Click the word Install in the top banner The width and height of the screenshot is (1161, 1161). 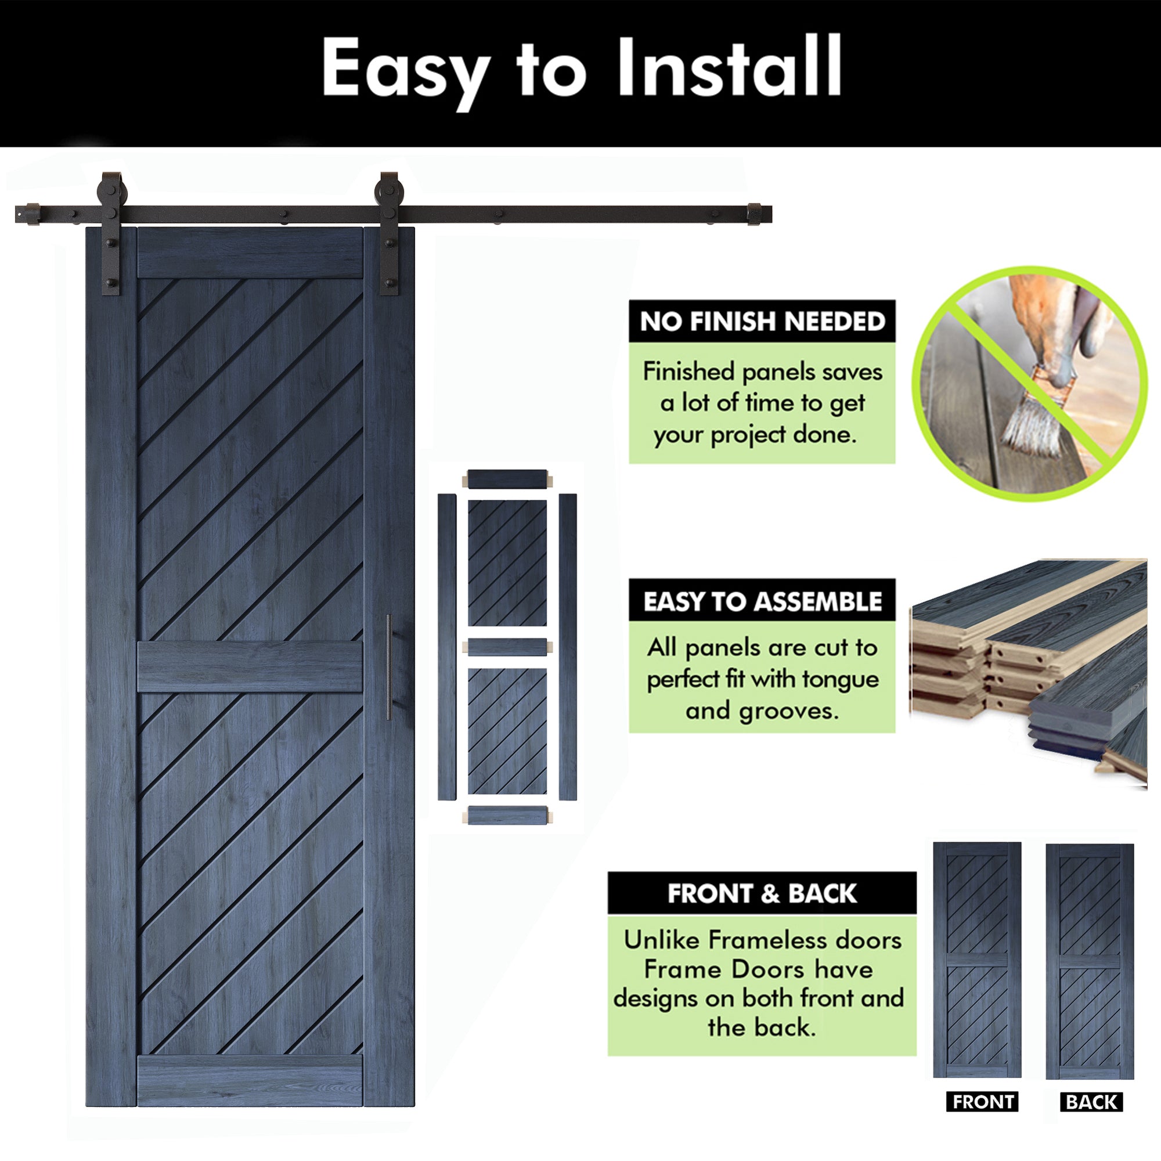point(730,66)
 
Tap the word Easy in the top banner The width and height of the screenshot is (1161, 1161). point(405,73)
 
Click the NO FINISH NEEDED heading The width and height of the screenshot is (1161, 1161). point(762,322)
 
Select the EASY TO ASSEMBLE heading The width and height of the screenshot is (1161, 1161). point(762,601)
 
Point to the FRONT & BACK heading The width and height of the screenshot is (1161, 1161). point(762,893)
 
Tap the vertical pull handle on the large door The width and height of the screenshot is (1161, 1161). point(388,667)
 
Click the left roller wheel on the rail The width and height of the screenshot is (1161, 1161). point(112,191)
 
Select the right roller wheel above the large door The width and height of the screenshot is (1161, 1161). point(389,191)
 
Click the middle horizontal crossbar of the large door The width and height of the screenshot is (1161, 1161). point(250,667)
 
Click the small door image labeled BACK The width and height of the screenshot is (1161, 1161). point(1090,962)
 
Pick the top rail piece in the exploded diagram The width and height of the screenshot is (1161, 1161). point(508,479)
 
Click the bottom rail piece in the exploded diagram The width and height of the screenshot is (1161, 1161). point(508,816)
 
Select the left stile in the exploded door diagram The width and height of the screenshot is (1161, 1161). point(446,647)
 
